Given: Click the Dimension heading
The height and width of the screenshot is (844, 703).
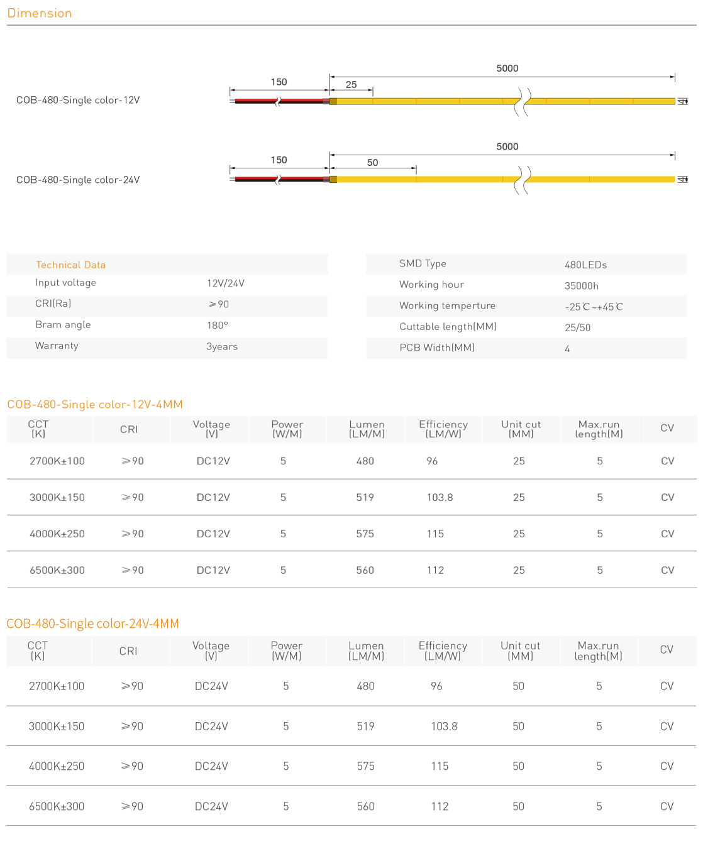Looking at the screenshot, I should pyautogui.click(x=40, y=13).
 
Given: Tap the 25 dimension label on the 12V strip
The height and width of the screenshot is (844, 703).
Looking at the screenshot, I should pyautogui.click(x=351, y=84).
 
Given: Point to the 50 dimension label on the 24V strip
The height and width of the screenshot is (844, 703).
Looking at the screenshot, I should pyautogui.click(x=372, y=163).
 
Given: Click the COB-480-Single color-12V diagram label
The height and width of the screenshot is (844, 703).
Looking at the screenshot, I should pyautogui.click(x=78, y=101).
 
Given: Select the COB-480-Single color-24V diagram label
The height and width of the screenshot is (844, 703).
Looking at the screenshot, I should pyautogui.click(x=78, y=180).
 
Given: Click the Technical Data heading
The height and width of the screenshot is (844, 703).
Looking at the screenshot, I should pyautogui.click(x=70, y=265).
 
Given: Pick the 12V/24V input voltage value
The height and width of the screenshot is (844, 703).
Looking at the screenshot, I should pyautogui.click(x=226, y=283).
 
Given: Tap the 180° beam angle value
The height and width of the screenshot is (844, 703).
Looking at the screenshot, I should pyautogui.click(x=218, y=326).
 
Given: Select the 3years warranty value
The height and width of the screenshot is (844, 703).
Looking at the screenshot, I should pyautogui.click(x=222, y=347).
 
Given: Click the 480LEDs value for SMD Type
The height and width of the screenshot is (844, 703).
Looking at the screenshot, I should pyautogui.click(x=585, y=265).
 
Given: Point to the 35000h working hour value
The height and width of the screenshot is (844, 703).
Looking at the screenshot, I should pyautogui.click(x=581, y=286).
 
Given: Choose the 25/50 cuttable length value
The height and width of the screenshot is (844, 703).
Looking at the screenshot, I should pyautogui.click(x=577, y=328).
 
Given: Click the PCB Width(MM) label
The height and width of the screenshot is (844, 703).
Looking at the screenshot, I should pyautogui.click(x=437, y=348).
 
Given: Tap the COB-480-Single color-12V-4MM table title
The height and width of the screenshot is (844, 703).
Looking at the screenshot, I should pyautogui.click(x=95, y=405).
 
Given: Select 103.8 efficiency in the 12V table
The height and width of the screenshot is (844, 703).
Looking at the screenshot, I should pyautogui.click(x=440, y=498).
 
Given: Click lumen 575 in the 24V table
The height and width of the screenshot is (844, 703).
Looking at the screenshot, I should pyautogui.click(x=365, y=767).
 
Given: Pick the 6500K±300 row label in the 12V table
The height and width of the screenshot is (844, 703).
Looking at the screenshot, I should pyautogui.click(x=57, y=571).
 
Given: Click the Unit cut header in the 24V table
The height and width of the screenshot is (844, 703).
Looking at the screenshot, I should pyautogui.click(x=520, y=650).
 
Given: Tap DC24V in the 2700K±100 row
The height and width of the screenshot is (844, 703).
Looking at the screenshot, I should pyautogui.click(x=211, y=686).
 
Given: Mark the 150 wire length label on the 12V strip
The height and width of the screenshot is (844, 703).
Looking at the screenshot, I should pyautogui.click(x=279, y=82).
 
